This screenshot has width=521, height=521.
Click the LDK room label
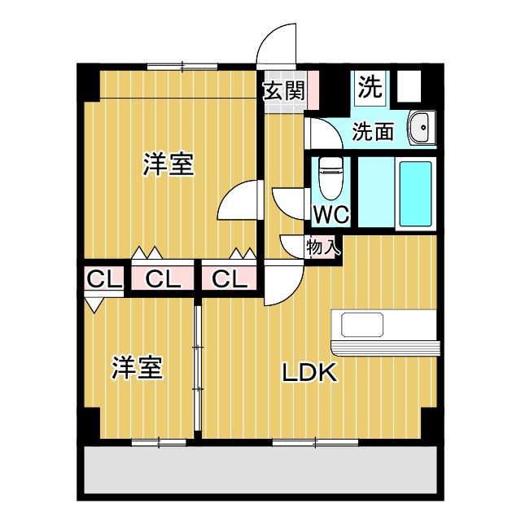coord(309,373)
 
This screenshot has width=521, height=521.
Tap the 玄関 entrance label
coord(282,90)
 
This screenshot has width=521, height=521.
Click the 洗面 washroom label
coord(374,131)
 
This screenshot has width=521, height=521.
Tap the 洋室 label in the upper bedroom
coord(169,164)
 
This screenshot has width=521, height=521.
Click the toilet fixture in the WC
coord(330,177)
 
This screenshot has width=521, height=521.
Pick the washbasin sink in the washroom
coord(421,126)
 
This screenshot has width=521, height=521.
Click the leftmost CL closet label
coord(103,279)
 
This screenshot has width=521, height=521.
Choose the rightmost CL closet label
coord(230,279)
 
